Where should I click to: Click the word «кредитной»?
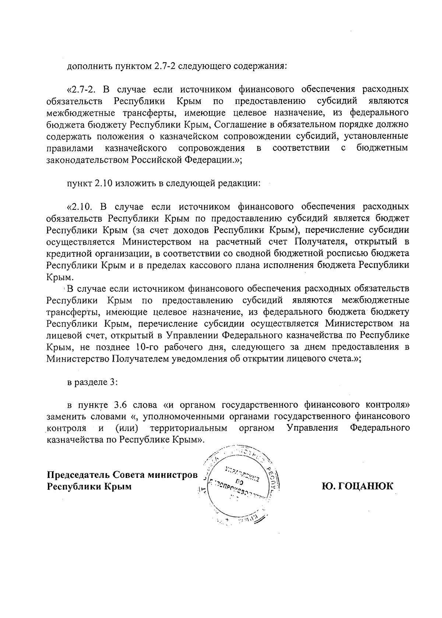pyautogui.click(x=72, y=254)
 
